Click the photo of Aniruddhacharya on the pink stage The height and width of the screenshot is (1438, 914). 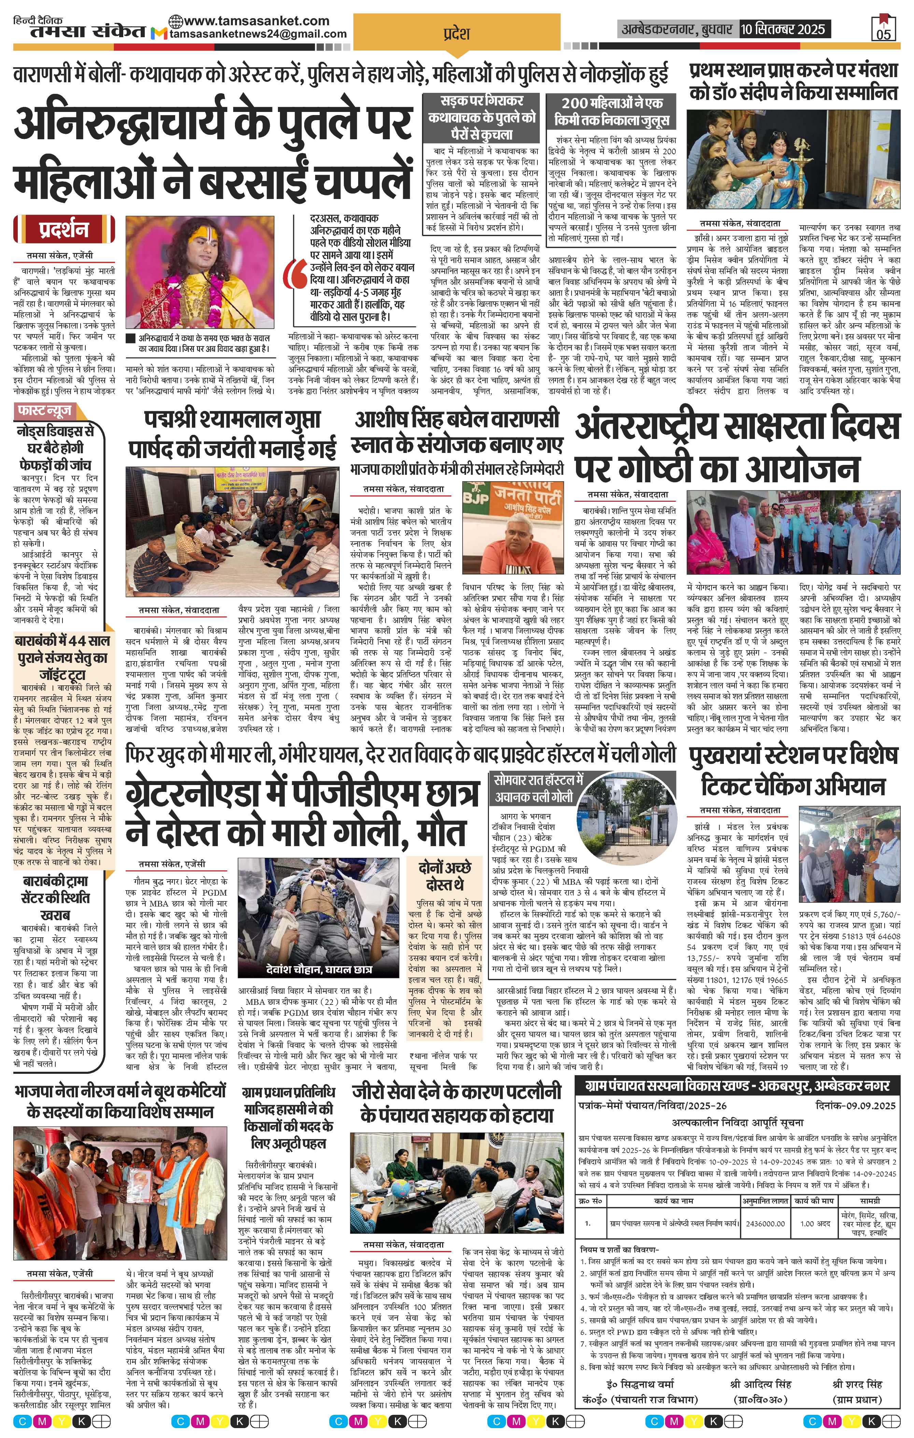[x=201, y=273]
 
